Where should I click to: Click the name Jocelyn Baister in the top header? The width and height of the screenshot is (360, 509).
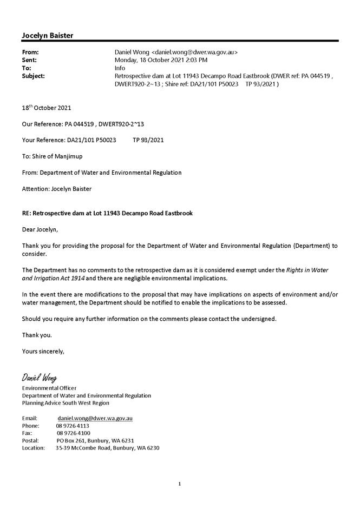coord(48,36)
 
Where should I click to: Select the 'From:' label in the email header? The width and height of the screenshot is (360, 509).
coord(30,52)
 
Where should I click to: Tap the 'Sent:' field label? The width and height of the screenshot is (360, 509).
coord(29,60)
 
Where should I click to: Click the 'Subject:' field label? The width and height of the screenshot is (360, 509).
coord(34,76)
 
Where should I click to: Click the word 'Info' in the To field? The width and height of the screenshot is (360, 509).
coord(120,68)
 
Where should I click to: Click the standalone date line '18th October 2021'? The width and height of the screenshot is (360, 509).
coord(47,108)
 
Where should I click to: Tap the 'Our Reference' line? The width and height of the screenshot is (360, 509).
coord(83,124)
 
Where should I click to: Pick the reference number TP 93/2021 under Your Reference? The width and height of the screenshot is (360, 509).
coord(148,140)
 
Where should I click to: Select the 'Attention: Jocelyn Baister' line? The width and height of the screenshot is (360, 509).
coord(57,189)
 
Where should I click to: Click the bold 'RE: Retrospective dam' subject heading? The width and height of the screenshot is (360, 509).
coord(107,213)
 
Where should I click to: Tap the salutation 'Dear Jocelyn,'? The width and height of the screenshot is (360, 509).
coord(40,229)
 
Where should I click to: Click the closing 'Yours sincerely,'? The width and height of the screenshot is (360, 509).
coord(43,351)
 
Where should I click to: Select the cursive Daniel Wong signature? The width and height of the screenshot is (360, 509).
coord(39,377)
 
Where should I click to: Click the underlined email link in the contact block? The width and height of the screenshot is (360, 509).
coord(95,418)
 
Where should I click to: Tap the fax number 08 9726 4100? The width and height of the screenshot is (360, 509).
coord(73,433)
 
